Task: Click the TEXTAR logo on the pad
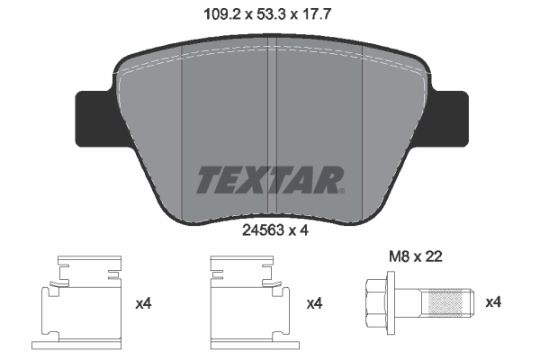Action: pos(268,179)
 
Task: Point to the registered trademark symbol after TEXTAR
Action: pos(342,190)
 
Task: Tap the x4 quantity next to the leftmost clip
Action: pos(142,304)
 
